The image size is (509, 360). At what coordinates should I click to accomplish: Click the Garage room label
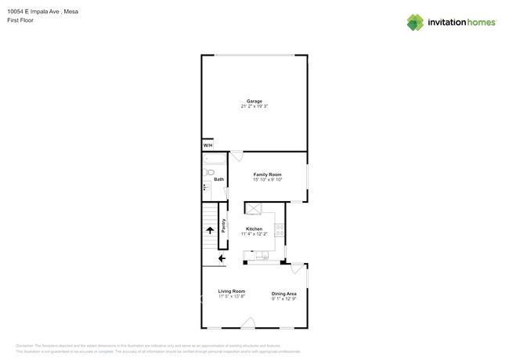point(254,101)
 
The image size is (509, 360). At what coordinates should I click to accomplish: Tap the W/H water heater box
point(208,146)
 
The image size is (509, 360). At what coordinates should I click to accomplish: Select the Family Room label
point(267,175)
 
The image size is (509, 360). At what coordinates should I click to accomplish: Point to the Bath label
point(218,180)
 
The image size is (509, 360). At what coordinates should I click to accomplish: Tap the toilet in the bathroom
point(207,188)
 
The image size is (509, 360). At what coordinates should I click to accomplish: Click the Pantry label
point(223,225)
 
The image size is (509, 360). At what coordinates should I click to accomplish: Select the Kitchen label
point(254,229)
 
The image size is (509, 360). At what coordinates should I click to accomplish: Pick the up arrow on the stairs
point(209,229)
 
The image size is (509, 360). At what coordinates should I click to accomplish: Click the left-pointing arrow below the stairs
point(222,257)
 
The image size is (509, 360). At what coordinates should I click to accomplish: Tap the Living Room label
point(232,291)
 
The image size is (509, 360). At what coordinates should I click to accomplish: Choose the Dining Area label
point(283,293)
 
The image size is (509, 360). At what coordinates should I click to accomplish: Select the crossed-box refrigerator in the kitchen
point(254,207)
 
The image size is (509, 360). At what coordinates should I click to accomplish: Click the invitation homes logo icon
point(414,22)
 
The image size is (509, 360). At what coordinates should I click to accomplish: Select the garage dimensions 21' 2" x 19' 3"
point(254,106)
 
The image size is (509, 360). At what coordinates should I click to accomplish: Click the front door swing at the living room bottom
point(247,322)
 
